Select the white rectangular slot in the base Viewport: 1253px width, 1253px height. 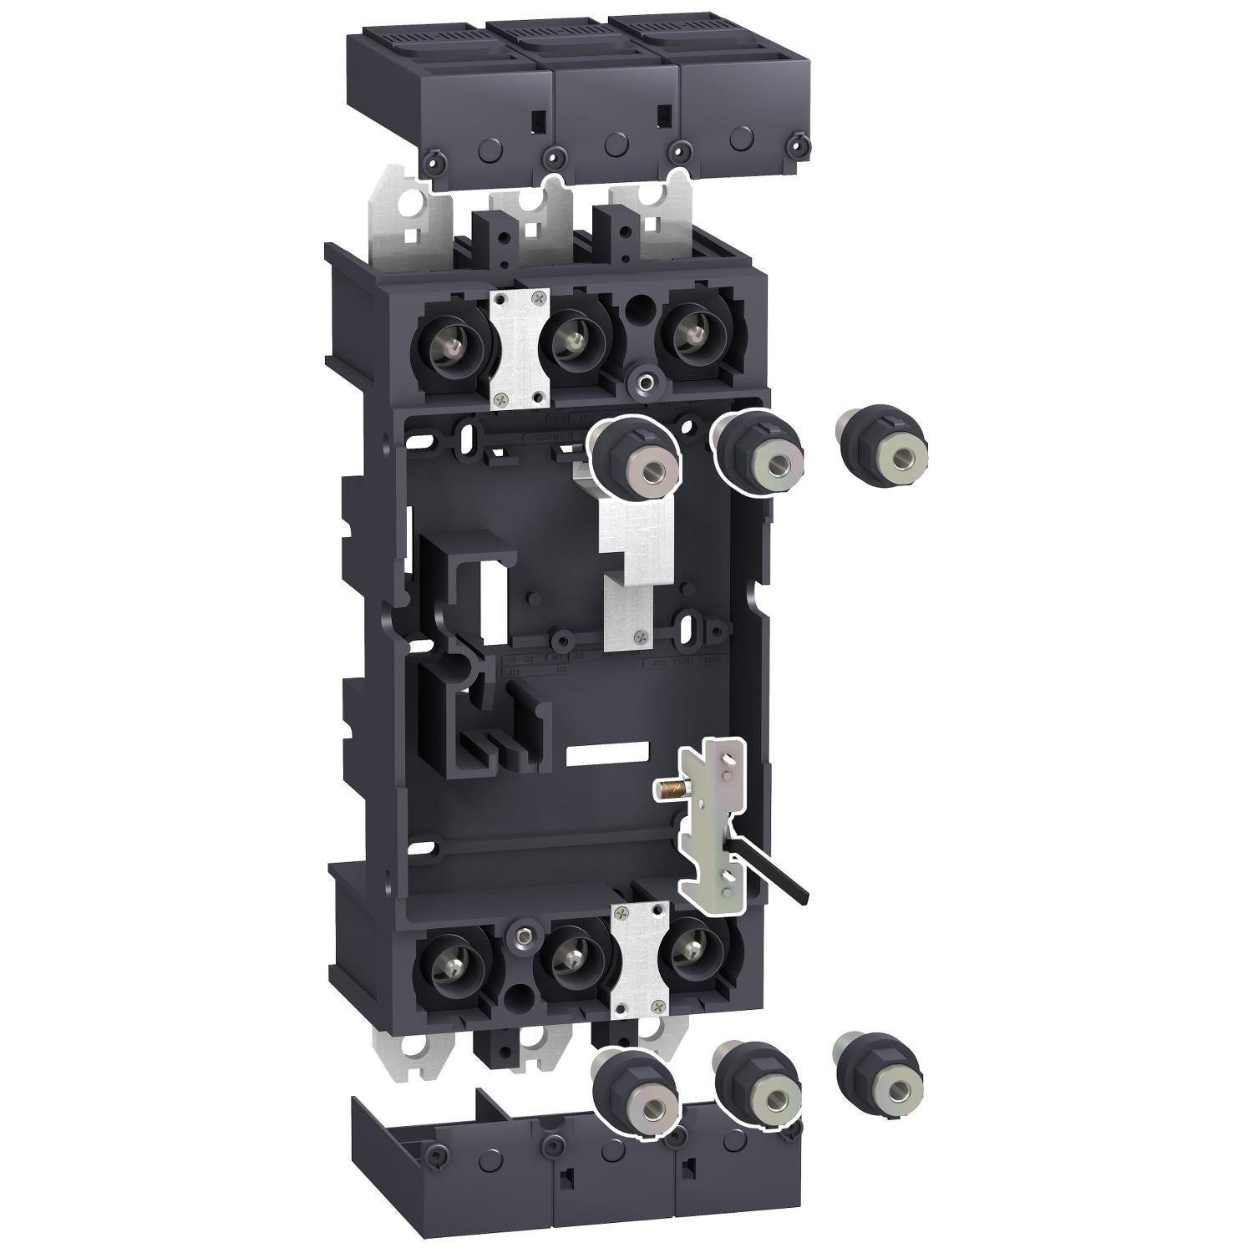(606, 753)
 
